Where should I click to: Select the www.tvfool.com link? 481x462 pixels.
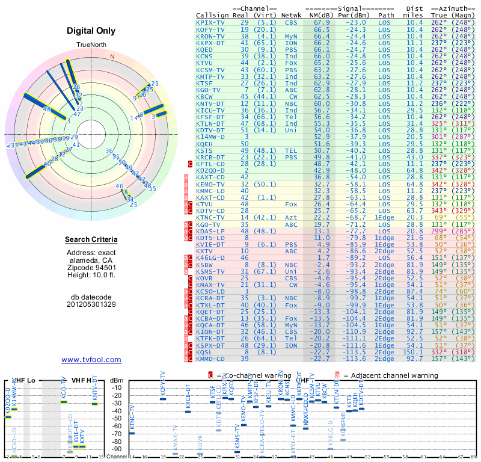coord(91,360)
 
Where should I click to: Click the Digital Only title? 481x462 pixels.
coord(91,31)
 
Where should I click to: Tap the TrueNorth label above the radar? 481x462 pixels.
coord(91,45)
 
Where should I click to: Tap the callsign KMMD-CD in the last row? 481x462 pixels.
coord(210,359)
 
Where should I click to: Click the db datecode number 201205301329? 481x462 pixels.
coord(91,304)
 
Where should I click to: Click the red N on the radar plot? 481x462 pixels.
coord(111,57)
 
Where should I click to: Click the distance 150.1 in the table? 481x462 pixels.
coord(414,352)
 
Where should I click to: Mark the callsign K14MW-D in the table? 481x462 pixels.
coord(210,137)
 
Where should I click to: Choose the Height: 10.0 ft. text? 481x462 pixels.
coord(91,275)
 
